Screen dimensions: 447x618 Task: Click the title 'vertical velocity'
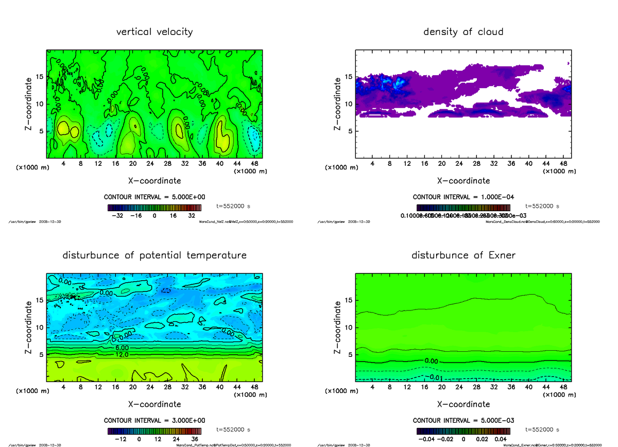click(x=154, y=32)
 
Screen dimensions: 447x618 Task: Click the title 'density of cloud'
click(x=463, y=32)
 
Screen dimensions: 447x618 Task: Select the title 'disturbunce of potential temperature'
click(x=154, y=255)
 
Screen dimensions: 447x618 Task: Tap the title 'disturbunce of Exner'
click(x=463, y=255)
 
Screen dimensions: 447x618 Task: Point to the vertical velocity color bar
click(x=154, y=208)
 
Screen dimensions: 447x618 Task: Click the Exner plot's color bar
click(x=463, y=431)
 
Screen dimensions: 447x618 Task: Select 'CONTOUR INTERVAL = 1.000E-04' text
click(x=463, y=197)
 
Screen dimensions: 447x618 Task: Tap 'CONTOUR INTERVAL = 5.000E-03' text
click(x=463, y=420)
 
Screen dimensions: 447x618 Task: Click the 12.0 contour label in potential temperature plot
click(x=122, y=355)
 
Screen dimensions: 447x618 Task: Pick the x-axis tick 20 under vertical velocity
click(x=133, y=164)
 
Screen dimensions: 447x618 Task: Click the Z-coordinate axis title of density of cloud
click(x=338, y=104)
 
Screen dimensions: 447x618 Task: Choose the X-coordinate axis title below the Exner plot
click(x=463, y=404)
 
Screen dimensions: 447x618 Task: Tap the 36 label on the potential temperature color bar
click(x=195, y=439)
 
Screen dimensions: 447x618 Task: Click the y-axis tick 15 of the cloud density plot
click(x=349, y=77)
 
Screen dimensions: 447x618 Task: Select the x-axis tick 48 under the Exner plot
click(x=563, y=387)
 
